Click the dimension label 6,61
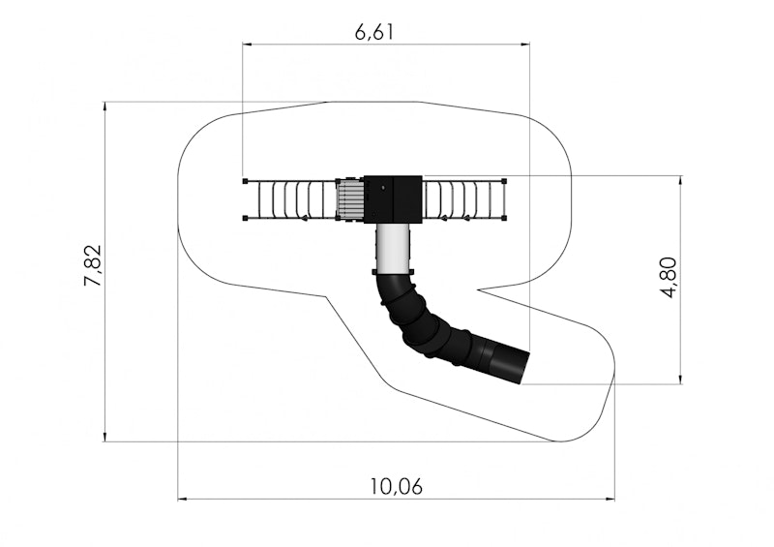(x=374, y=32)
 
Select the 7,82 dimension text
(x=93, y=265)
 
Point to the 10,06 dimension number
(x=397, y=487)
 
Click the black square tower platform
(x=393, y=199)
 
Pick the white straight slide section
(x=393, y=249)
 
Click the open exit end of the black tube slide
(x=524, y=367)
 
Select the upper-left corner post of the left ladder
(x=246, y=181)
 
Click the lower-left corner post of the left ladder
(x=246, y=218)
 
